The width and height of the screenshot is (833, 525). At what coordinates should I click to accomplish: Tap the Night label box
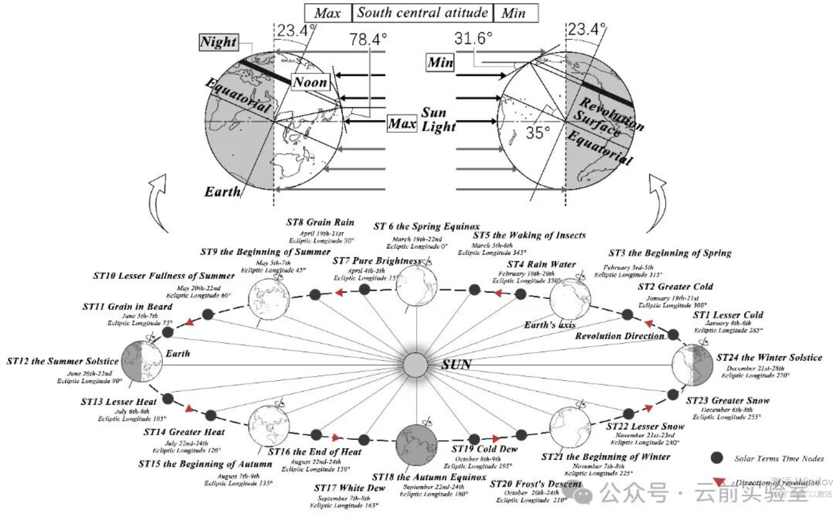219,42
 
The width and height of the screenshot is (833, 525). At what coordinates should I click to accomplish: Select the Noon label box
310,82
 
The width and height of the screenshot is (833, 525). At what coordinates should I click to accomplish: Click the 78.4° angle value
368,39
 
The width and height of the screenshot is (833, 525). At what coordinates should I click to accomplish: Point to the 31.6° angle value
473,38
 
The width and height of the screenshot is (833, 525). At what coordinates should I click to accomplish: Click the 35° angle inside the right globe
537,132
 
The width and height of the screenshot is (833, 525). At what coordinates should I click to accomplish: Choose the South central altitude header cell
423,13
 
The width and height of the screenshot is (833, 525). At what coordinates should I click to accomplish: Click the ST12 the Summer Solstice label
63,361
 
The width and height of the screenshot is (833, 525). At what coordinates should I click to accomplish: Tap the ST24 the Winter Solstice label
769,357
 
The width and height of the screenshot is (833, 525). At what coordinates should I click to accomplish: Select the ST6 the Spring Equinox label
427,227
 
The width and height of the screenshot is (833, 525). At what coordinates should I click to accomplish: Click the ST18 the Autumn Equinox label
429,477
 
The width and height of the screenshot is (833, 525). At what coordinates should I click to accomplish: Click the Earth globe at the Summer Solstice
142,361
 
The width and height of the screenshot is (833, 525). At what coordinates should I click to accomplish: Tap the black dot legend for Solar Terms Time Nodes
717,458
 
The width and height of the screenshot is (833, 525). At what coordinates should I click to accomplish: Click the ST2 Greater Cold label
675,287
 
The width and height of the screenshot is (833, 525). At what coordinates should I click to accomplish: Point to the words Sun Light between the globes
438,120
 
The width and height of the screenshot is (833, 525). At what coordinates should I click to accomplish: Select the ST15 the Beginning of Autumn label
205,464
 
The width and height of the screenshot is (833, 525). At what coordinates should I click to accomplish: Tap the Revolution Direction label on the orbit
620,336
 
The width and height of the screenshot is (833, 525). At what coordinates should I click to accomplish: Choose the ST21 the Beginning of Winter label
605,456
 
